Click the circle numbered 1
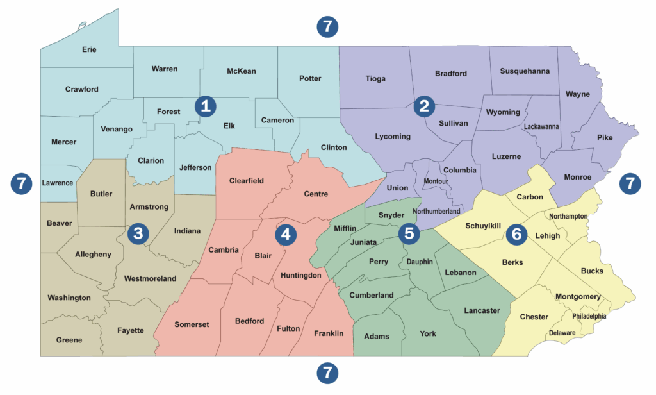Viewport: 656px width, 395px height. tap(206, 106)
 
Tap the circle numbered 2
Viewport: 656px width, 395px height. tap(423, 106)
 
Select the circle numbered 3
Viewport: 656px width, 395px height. tap(138, 234)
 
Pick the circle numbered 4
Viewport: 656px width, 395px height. tap(286, 235)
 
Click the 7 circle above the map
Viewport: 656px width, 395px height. tap(327, 26)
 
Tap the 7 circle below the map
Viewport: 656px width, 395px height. tap(327, 372)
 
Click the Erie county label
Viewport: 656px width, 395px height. tap(89, 49)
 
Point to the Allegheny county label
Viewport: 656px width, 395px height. tap(93, 255)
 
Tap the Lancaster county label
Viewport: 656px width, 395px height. tap(481, 311)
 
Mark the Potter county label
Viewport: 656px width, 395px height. tap(310, 78)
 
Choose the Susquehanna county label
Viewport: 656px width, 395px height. tap(525, 71)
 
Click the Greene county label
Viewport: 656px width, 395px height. tap(69, 340)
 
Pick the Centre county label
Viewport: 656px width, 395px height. tap(316, 194)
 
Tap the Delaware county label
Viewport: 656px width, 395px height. tap(562, 333)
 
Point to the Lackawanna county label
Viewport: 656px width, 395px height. tap(541, 126)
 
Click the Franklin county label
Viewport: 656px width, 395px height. tap(329, 333)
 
